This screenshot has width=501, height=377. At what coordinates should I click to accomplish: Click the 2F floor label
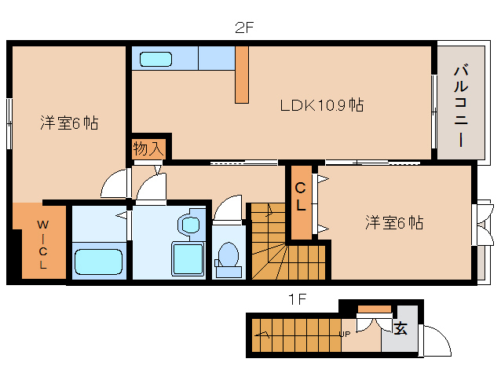click(245, 28)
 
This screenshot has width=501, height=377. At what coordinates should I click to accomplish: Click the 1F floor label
click(296, 298)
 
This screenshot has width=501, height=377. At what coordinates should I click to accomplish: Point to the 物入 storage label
click(148, 148)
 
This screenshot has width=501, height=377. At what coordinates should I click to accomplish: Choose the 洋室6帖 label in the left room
click(69, 123)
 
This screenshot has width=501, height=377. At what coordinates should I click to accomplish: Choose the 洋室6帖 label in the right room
click(393, 223)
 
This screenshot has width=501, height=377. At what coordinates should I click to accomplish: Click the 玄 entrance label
click(400, 328)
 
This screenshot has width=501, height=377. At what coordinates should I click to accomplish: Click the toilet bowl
click(229, 255)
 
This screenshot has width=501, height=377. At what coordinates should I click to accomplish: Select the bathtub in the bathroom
click(98, 260)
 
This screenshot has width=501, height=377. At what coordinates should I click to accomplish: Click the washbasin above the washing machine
click(190, 223)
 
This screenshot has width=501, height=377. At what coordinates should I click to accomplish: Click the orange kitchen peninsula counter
click(241, 74)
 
